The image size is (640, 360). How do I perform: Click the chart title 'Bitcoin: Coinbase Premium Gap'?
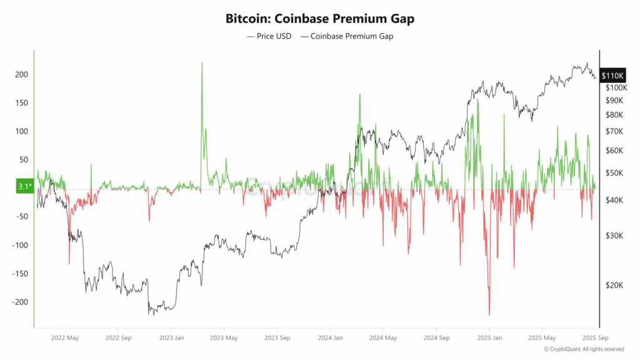tap(319, 19)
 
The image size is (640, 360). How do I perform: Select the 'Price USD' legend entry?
tap(269, 36)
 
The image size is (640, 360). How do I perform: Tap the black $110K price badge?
tap(612, 76)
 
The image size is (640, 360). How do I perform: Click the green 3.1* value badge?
tap(22, 187)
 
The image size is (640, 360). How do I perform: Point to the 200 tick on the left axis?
tap(22, 75)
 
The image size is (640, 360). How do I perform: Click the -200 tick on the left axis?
tap(21, 302)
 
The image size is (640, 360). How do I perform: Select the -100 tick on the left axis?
tap(21, 246)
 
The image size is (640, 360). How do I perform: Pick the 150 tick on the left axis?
tap(22, 103)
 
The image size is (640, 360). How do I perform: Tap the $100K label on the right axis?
tap(615, 87)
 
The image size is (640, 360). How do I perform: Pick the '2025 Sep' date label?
tap(593, 337)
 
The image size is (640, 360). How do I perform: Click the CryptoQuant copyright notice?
tap(584, 349)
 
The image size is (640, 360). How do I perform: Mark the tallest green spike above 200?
tap(202, 64)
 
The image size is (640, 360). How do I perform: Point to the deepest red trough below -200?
tap(489, 314)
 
